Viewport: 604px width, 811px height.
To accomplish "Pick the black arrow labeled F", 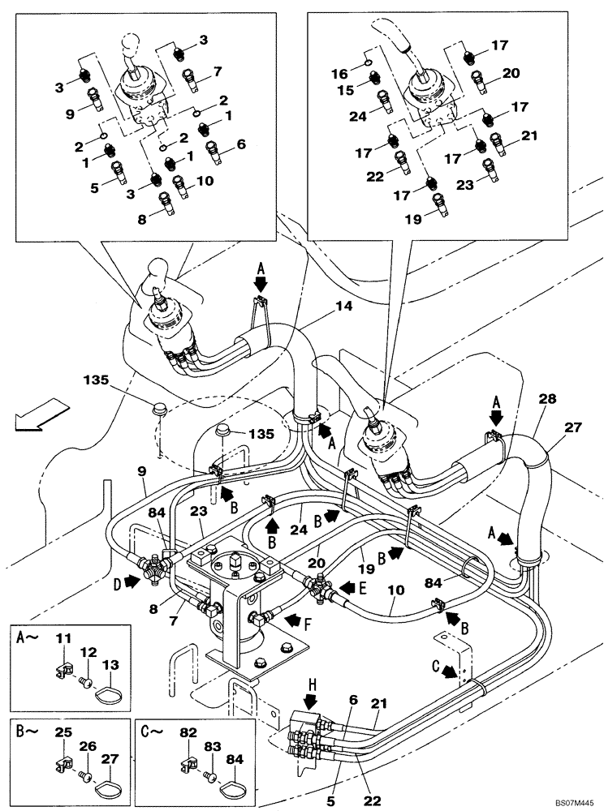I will pos(293,620).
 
